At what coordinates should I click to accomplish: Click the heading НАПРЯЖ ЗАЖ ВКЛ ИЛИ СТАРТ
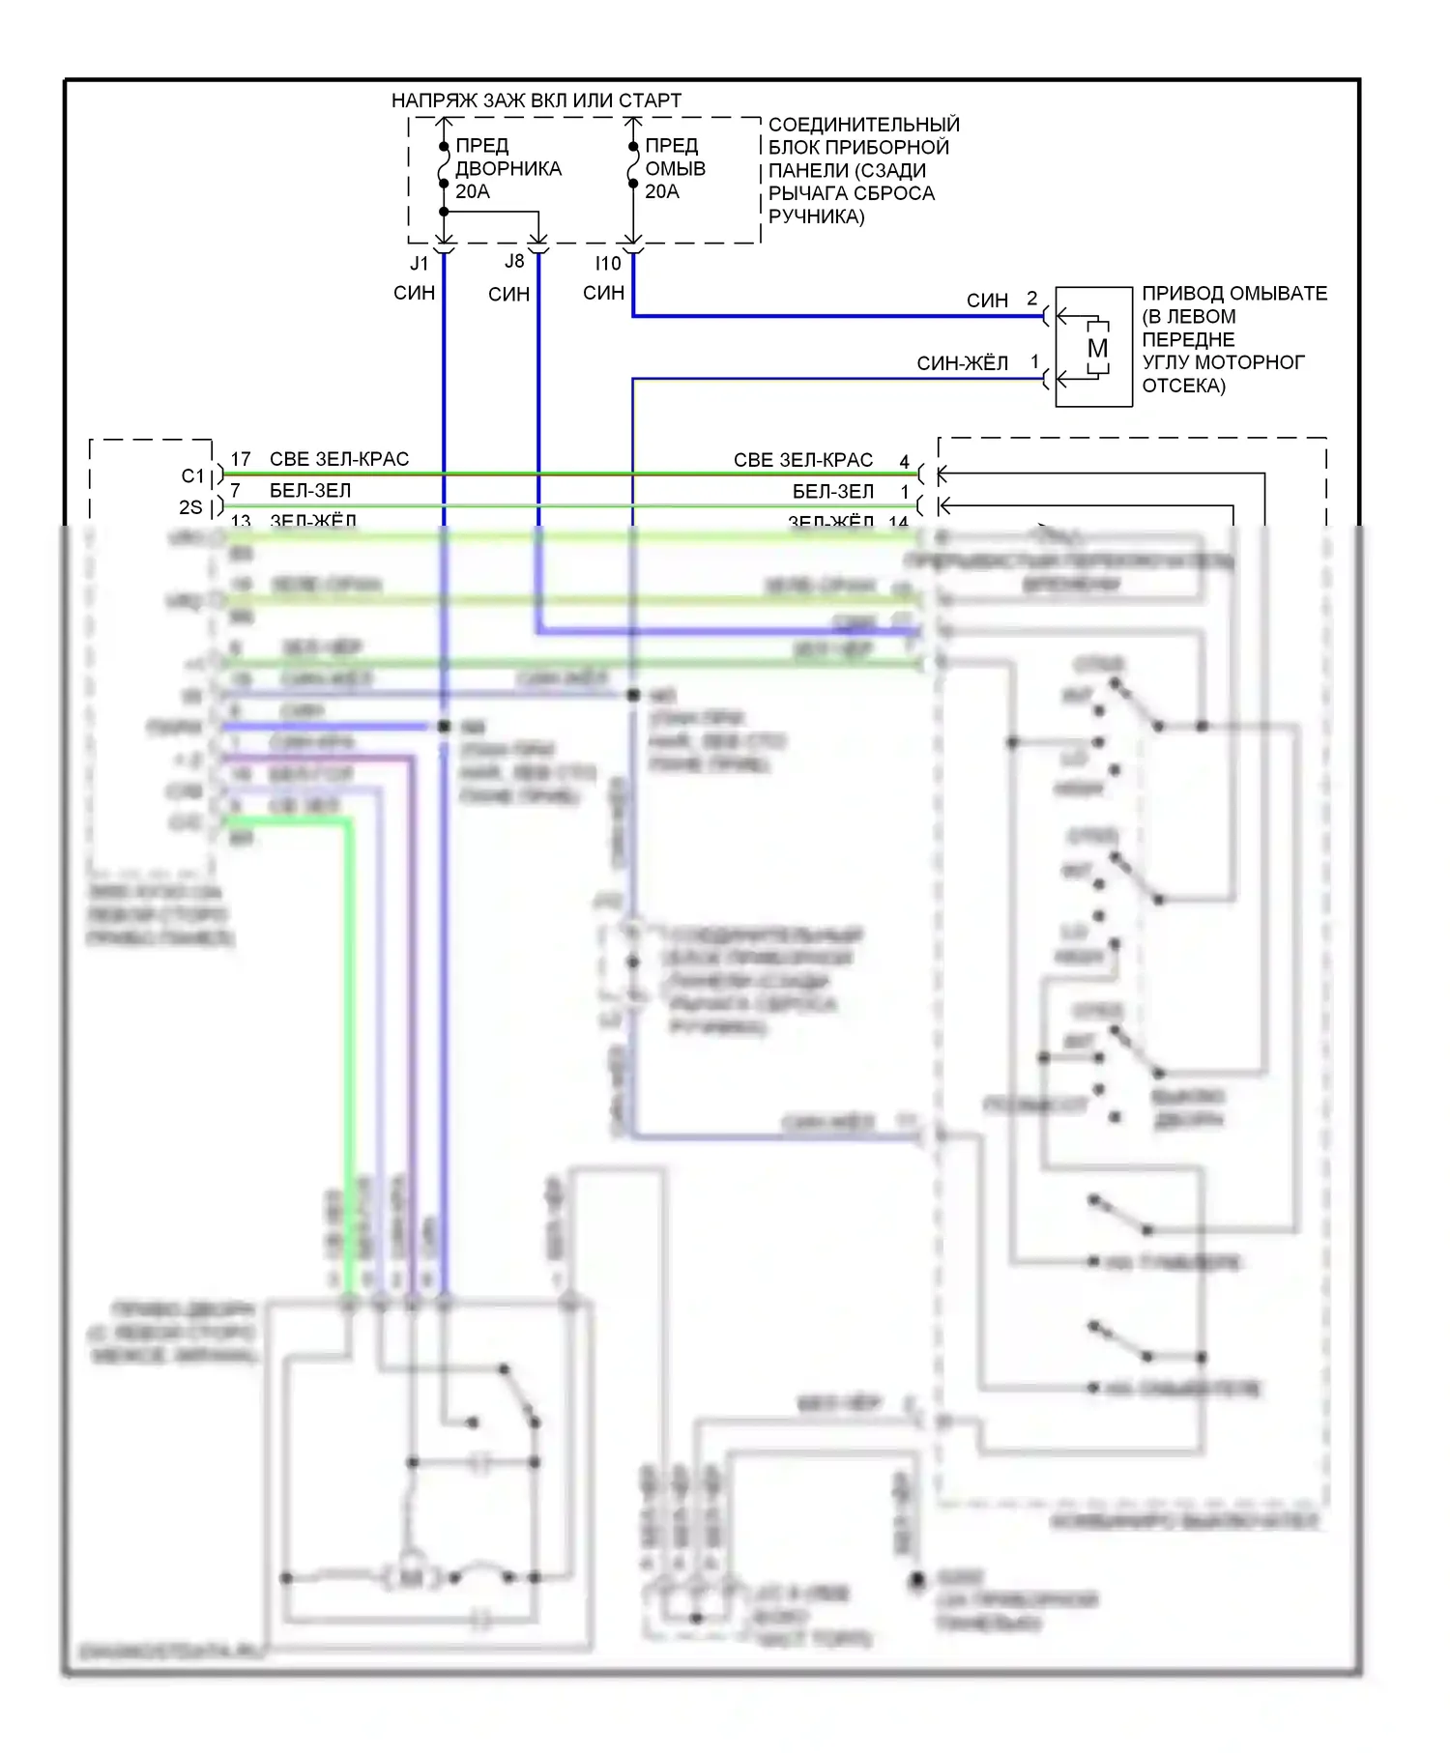pos(536,101)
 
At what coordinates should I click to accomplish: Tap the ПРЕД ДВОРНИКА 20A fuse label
pos(507,168)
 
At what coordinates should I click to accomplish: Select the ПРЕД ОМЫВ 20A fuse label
pos(675,168)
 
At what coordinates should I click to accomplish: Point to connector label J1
pos(419,263)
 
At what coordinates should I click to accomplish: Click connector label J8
pos(514,262)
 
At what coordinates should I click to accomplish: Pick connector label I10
pos(608,263)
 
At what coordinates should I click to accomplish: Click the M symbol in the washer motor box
pos(1097,348)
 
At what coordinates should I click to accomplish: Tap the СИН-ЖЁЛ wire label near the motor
pos(962,363)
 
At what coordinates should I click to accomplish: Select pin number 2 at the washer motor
pos(1032,299)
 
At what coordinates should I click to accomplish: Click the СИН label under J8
pos(508,294)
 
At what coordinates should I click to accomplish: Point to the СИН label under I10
pos(603,293)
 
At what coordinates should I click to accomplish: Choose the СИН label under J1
pos(414,293)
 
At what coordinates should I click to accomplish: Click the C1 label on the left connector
pos(193,476)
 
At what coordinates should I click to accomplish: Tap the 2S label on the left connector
pos(190,507)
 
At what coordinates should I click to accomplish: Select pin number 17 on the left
pos(241,459)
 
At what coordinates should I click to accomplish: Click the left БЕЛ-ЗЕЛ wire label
pos(310,491)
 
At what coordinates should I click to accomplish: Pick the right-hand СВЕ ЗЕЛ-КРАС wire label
pos(802,460)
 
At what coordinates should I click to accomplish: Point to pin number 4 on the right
pos(905,462)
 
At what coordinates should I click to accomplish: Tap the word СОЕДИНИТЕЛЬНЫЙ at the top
pos(863,125)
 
